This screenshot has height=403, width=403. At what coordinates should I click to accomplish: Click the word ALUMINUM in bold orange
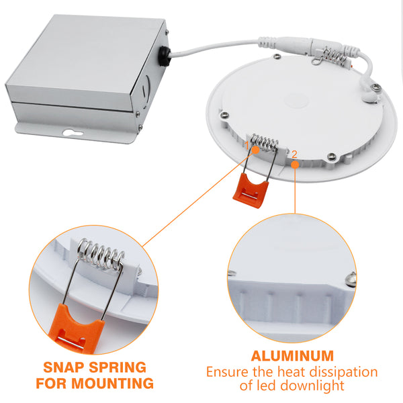pos(292,356)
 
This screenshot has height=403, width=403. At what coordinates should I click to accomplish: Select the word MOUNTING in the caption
pos(112,384)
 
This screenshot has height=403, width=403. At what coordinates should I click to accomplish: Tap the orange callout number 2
pos(294,154)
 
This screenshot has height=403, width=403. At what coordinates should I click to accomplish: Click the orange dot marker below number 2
pos(296,165)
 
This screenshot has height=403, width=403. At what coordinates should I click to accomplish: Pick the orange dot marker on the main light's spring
pos(255,150)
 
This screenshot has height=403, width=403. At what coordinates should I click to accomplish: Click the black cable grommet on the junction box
pos(165,56)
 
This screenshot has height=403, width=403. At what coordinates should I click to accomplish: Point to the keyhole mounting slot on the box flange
pos(73,132)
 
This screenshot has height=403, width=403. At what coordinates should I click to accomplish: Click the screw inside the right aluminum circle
pos(351,279)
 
